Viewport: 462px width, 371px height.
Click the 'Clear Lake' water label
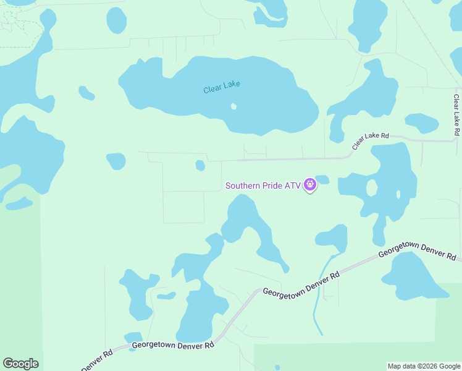(x=221, y=88)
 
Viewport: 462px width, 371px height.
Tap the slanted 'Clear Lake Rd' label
(x=371, y=142)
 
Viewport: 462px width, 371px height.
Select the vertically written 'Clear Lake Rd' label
(x=456, y=115)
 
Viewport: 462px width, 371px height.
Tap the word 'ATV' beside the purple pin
(x=293, y=185)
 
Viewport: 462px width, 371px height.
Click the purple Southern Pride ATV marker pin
(x=310, y=184)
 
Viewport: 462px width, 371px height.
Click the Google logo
(x=20, y=364)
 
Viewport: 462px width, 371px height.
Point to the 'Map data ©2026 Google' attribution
(x=424, y=366)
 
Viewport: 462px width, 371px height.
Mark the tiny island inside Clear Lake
(x=233, y=106)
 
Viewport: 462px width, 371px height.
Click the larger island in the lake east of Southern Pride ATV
(x=371, y=187)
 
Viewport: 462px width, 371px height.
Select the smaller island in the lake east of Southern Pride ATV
(x=398, y=194)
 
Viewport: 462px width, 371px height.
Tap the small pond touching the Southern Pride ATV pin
(x=322, y=180)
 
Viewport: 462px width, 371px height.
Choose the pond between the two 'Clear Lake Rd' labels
(x=422, y=123)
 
